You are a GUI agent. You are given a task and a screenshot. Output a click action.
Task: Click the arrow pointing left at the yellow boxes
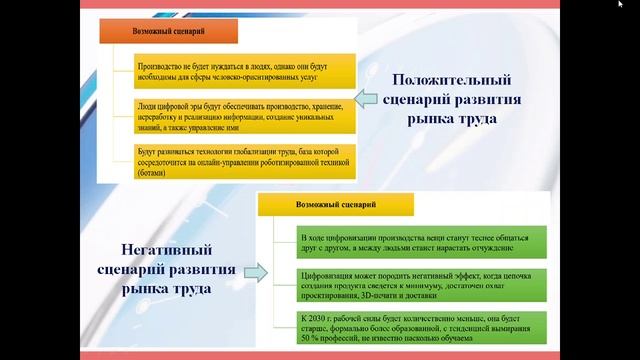pos(366,98)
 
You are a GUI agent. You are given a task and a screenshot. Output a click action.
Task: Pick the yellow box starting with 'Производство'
pos(245,69)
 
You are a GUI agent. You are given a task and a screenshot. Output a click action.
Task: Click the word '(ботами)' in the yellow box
pos(154,171)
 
